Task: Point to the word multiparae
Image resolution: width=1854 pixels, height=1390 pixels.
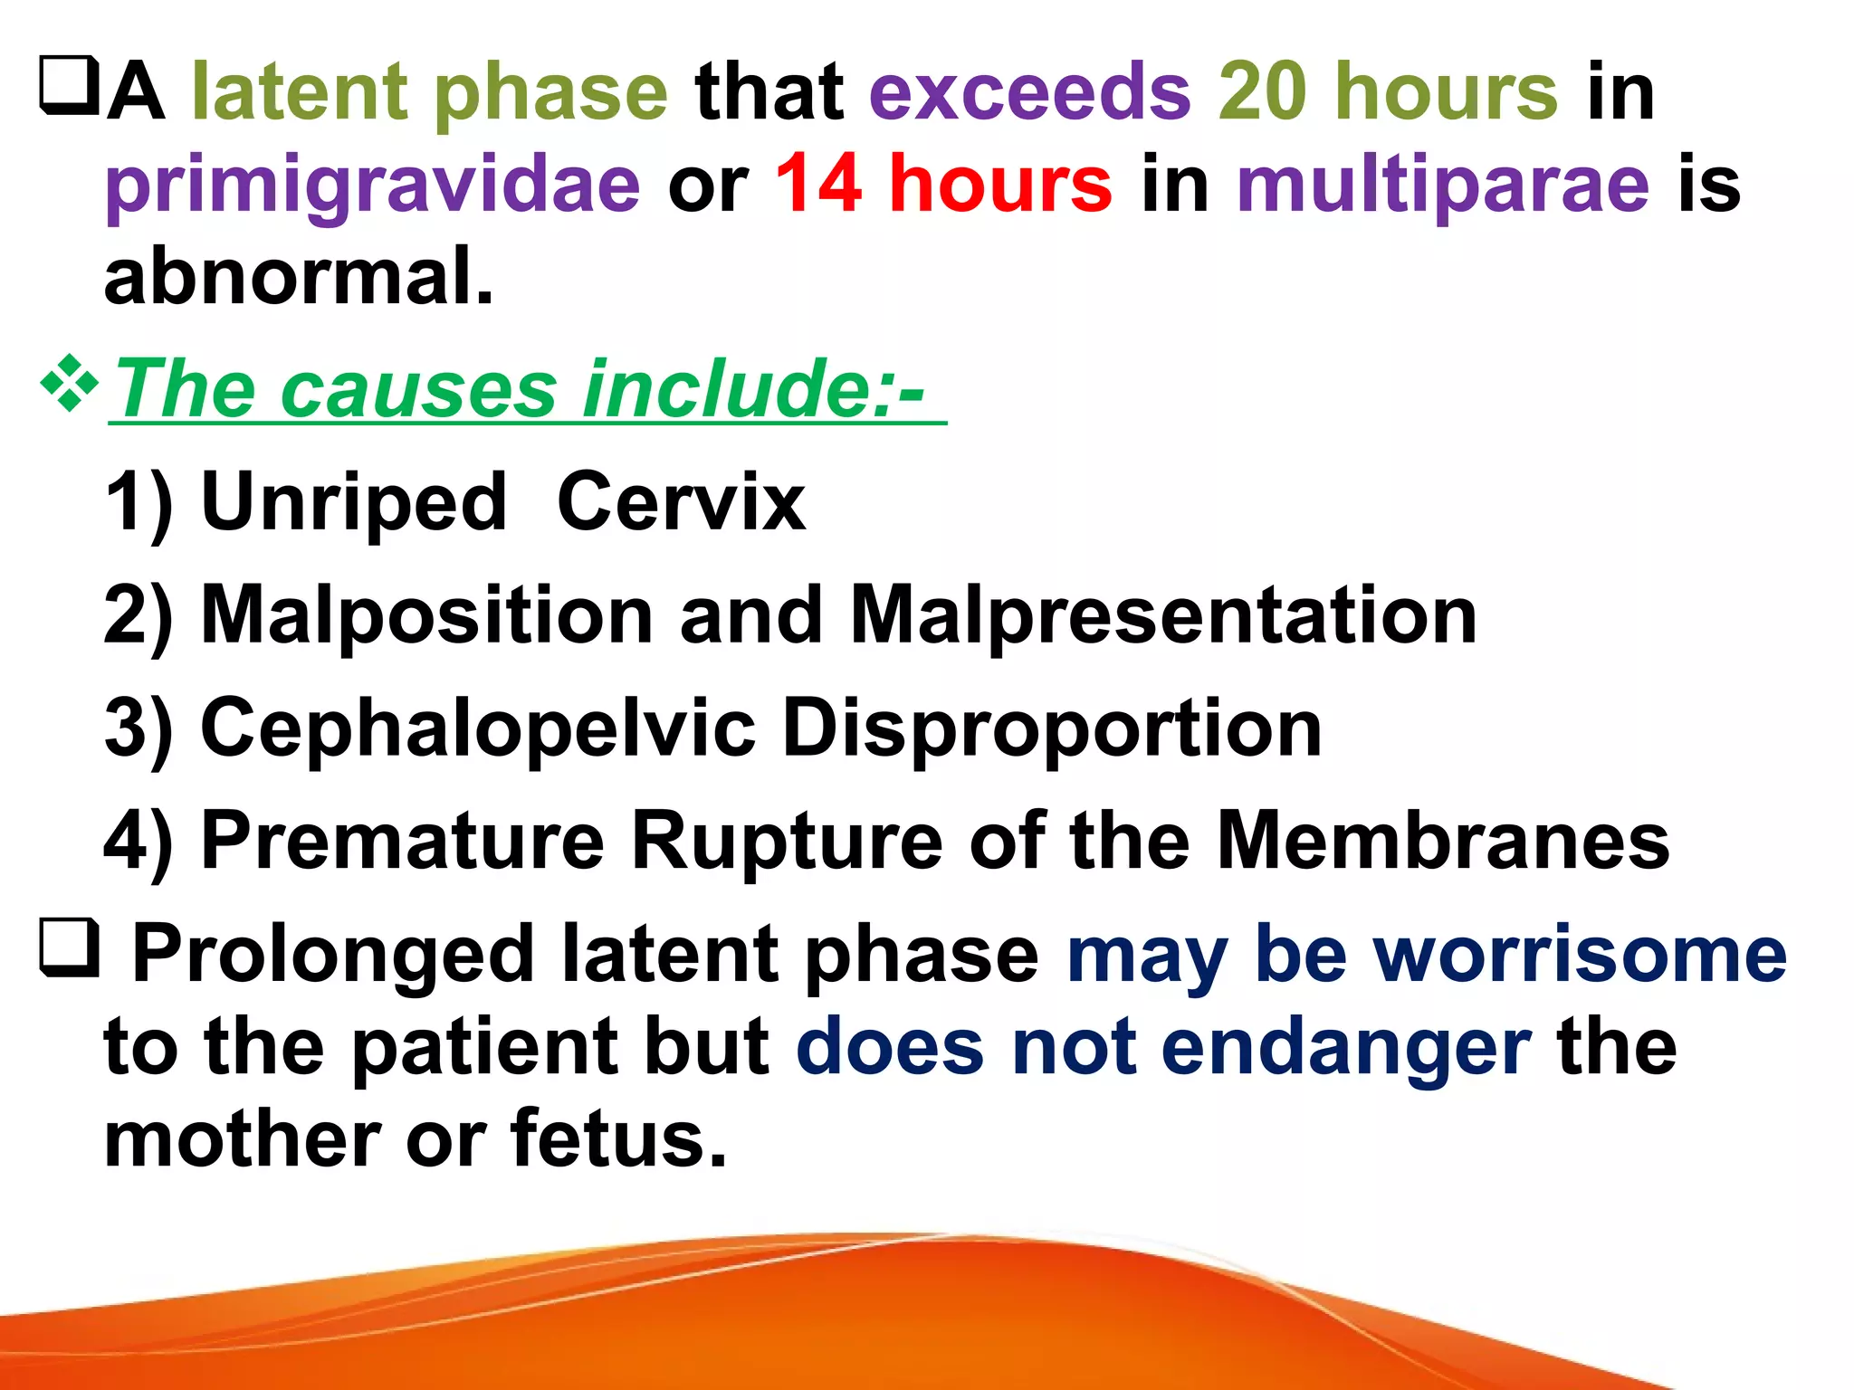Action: pos(1443,186)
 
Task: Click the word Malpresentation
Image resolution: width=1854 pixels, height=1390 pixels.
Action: pos(1163,615)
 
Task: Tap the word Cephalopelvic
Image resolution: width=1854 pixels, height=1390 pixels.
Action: pos(478,728)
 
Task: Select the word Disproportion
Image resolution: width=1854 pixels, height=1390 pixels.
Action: pos(1051,728)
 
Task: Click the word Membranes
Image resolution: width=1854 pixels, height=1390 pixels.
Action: pos(1443,841)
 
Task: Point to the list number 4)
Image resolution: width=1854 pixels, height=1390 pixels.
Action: pos(138,843)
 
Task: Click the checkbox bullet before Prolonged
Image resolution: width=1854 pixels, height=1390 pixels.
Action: pos(69,947)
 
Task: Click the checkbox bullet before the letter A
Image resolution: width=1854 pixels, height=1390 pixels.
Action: pos(69,86)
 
